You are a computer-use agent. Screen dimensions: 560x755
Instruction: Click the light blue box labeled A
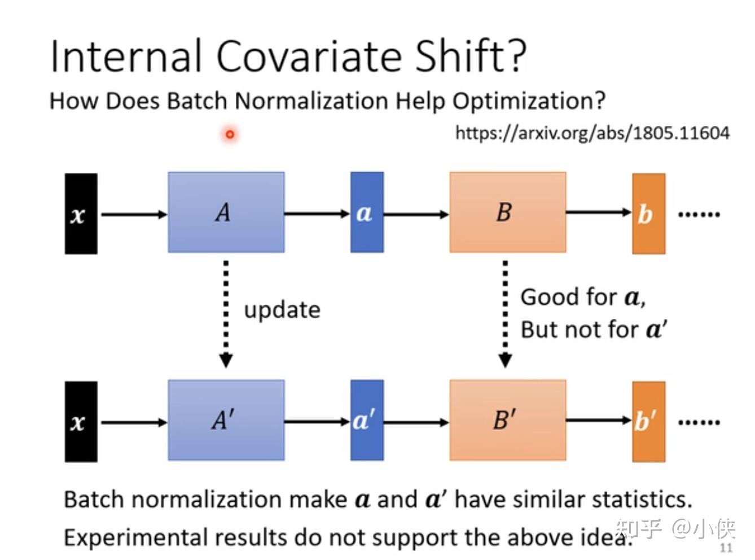click(x=226, y=212)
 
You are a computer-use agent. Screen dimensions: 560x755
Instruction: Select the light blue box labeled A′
click(x=226, y=420)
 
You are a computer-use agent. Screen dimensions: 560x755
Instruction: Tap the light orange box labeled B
click(x=507, y=212)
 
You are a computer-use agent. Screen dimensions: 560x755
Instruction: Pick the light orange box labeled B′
click(x=507, y=420)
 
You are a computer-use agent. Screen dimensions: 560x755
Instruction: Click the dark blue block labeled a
click(x=367, y=212)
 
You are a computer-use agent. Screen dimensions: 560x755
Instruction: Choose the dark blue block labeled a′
click(x=367, y=420)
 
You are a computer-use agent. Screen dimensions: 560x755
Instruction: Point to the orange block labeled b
click(x=648, y=213)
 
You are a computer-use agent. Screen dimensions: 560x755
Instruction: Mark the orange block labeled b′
click(x=648, y=421)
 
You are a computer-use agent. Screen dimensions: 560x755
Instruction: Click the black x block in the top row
click(x=81, y=214)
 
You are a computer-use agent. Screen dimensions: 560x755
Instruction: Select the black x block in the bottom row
click(x=81, y=422)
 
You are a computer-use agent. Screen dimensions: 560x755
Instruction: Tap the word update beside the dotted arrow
click(x=282, y=310)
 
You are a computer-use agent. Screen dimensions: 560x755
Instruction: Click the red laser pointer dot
click(x=230, y=134)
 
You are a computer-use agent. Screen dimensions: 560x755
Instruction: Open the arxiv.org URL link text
click(x=592, y=133)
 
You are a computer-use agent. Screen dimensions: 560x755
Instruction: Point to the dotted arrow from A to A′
click(x=226, y=313)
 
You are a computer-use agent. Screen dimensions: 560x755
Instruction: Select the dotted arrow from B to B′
click(x=505, y=313)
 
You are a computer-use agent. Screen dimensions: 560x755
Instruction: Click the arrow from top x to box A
click(x=134, y=215)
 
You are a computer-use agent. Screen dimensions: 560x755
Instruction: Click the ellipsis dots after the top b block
click(x=699, y=215)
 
